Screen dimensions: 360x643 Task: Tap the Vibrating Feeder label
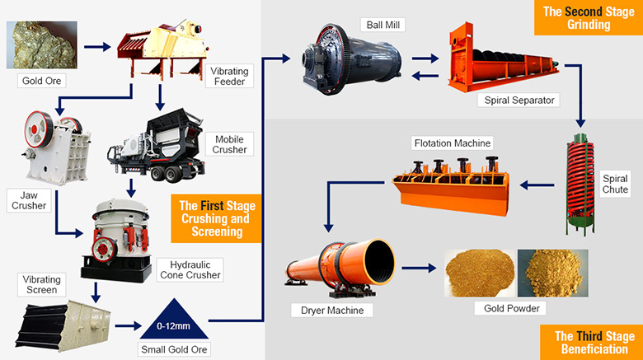pos(229,77)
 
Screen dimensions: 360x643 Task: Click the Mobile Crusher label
pos(229,144)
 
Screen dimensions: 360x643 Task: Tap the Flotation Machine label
pos(452,143)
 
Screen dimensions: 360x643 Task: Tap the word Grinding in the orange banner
pos(587,25)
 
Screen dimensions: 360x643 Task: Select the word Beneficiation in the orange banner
pos(590,348)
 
